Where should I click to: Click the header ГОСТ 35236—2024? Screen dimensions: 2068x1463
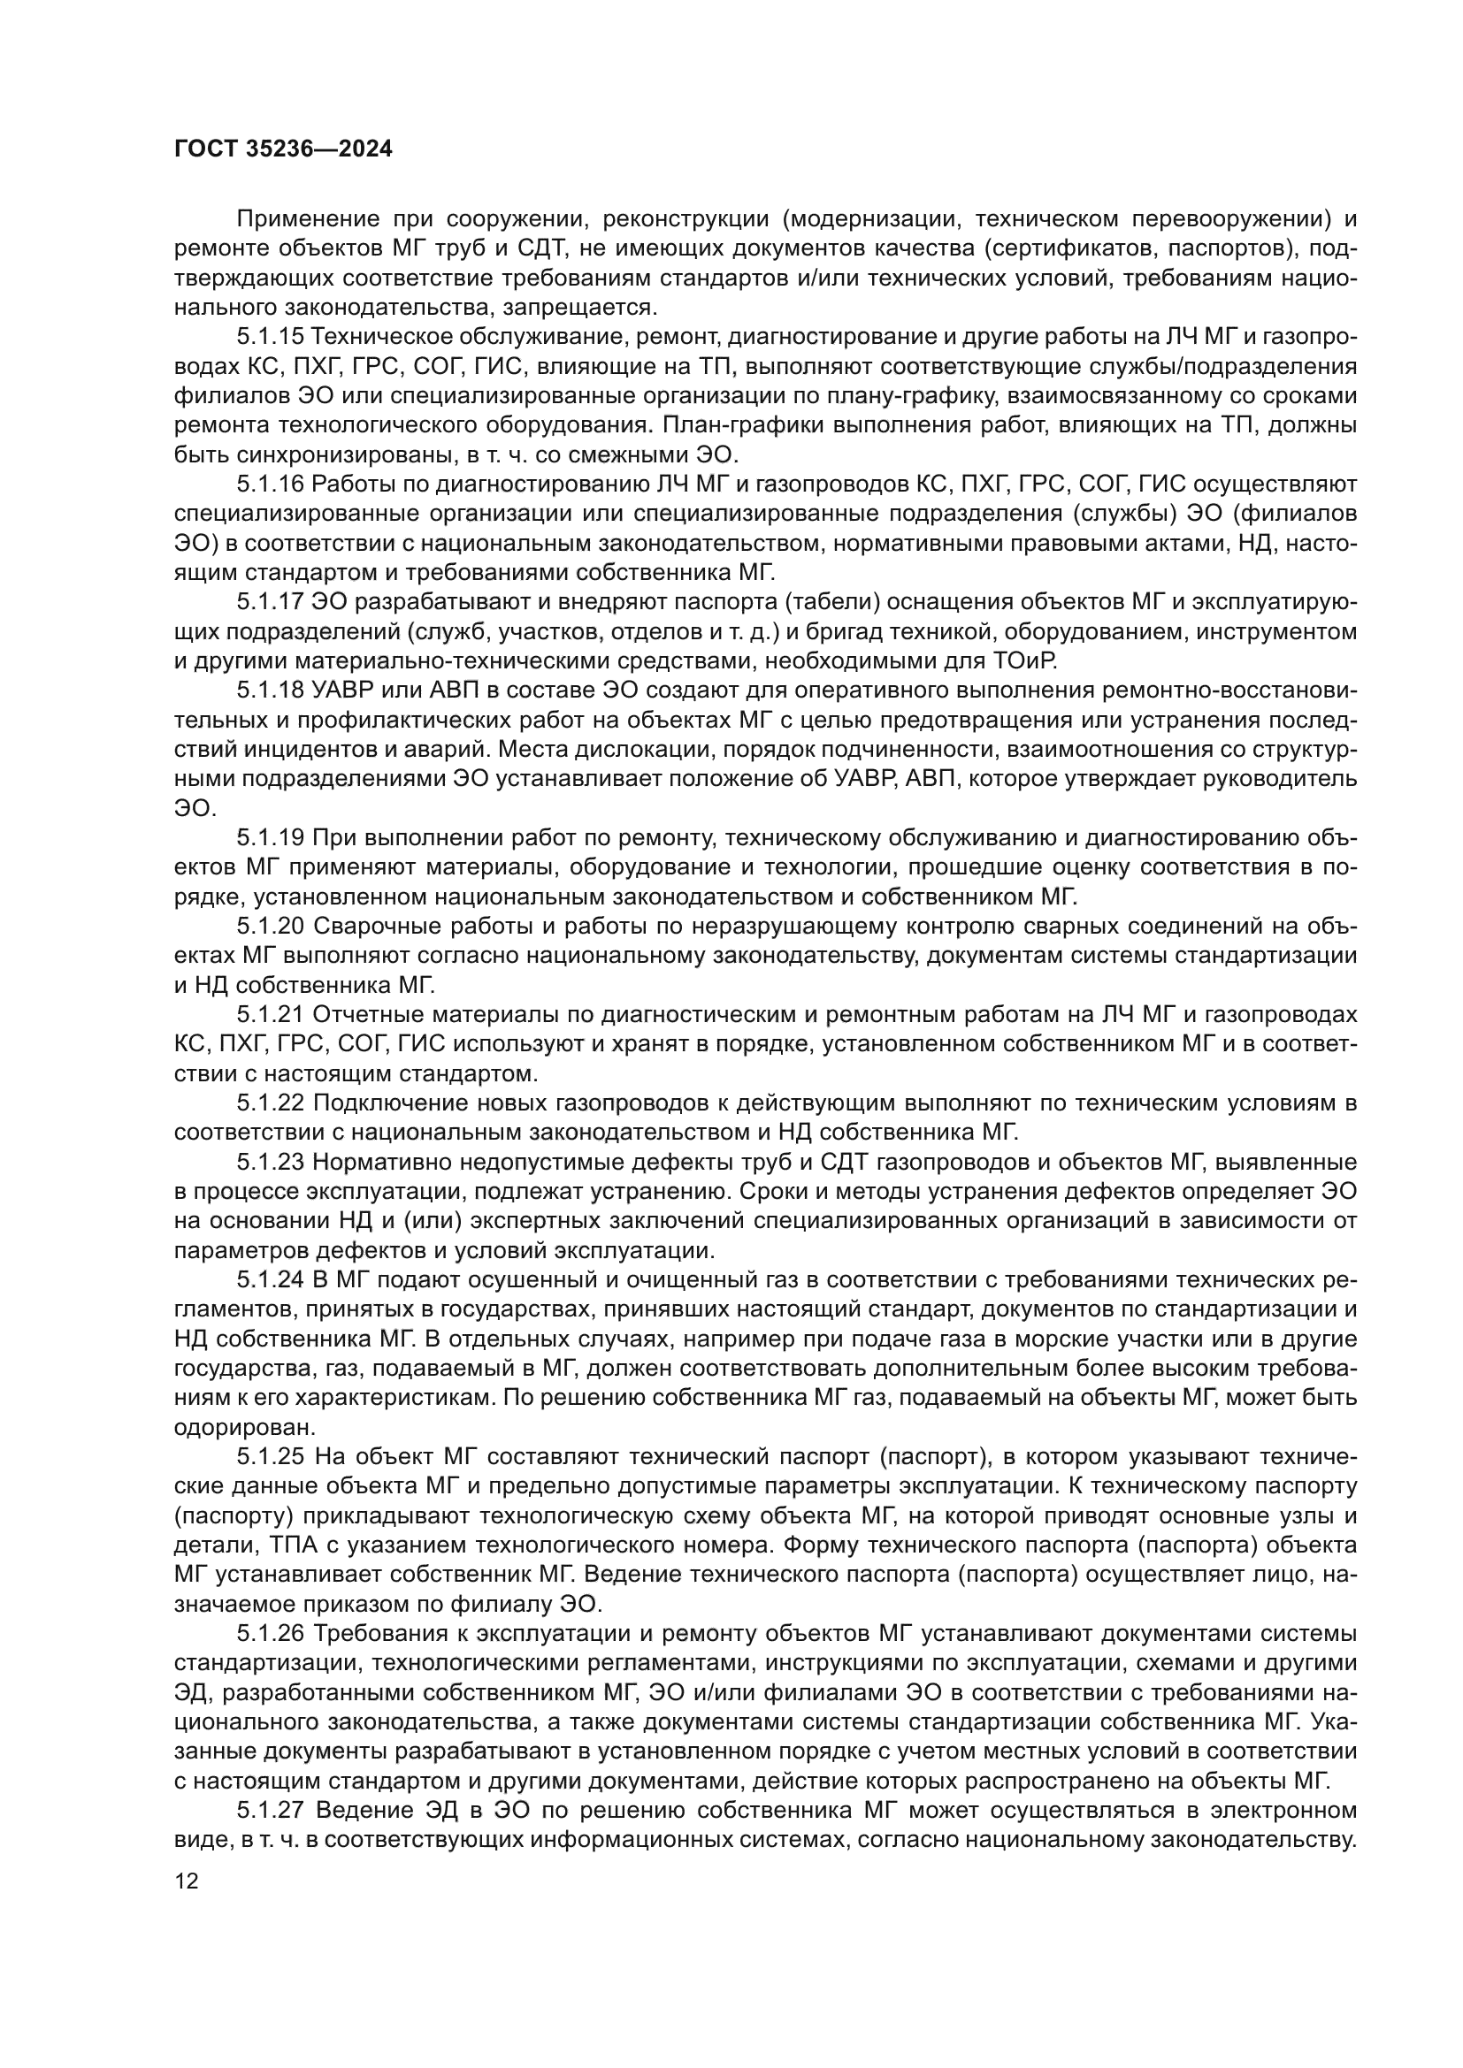(283, 149)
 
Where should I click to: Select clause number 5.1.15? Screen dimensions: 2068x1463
(271, 338)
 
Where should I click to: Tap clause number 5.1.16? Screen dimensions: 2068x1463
(271, 485)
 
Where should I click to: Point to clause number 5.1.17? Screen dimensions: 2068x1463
(271, 603)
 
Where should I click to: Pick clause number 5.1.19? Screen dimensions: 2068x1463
(271, 838)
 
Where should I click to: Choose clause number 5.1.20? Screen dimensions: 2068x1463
(271, 927)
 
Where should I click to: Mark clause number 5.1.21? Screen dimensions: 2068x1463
(271, 1015)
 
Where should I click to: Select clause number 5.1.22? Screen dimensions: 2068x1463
(271, 1103)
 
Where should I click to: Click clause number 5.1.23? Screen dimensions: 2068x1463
(271, 1163)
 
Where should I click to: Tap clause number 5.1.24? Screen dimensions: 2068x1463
(271, 1281)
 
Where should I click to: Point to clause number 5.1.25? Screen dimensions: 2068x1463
(271, 1457)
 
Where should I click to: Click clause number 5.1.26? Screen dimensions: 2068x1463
(271, 1634)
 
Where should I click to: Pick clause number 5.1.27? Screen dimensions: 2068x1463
(271, 1811)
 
